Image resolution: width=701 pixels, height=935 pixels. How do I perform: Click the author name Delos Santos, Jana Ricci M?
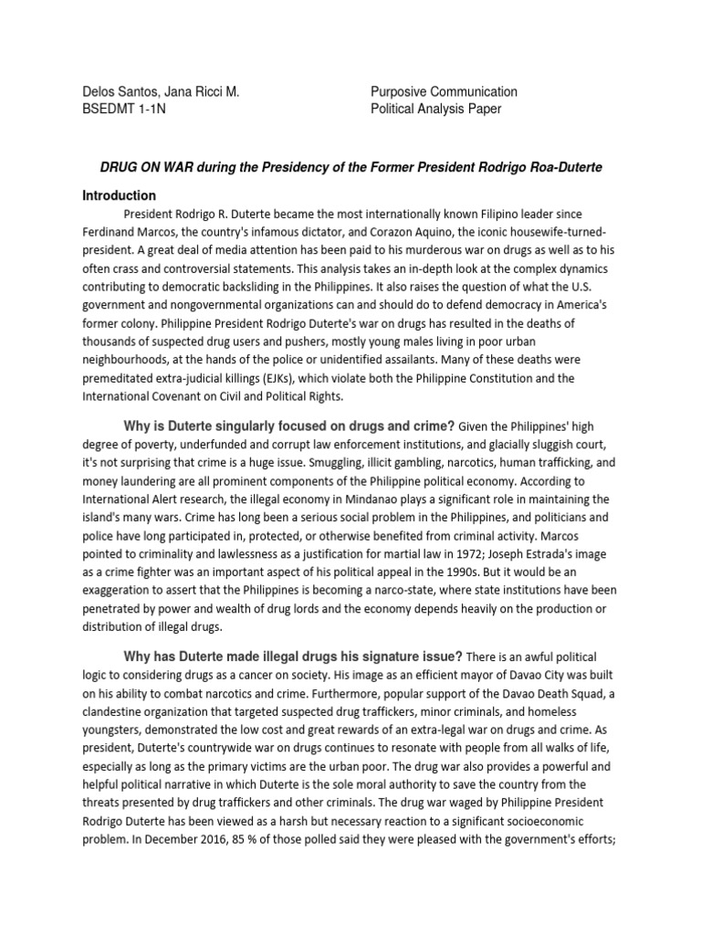tap(161, 91)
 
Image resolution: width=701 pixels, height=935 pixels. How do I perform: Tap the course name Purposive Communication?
tap(444, 91)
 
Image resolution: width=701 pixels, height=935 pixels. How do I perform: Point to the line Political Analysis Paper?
tap(435, 110)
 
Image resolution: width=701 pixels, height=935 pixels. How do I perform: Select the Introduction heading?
tap(120, 195)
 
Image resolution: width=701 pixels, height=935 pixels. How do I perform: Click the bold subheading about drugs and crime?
tap(288, 425)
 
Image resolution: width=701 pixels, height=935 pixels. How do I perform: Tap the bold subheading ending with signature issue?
tap(292, 657)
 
